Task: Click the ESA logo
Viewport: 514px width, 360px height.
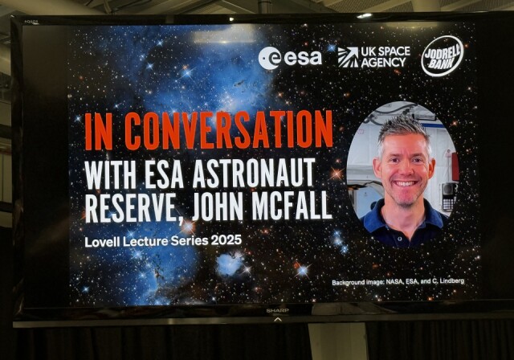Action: [290, 58]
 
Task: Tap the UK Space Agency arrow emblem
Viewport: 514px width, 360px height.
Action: [348, 57]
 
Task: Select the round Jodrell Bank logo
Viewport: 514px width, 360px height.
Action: [442, 56]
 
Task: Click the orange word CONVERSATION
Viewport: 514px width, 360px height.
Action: [229, 130]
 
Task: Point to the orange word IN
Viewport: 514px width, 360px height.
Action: [99, 131]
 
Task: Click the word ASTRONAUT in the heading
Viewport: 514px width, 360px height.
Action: [254, 173]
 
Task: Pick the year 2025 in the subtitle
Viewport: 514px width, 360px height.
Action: [226, 240]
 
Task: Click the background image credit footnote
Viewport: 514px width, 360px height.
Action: [398, 281]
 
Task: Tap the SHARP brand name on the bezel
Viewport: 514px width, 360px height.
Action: [277, 310]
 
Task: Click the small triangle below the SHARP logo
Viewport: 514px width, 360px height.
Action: [277, 319]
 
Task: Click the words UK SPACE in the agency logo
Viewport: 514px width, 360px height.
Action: [385, 51]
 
